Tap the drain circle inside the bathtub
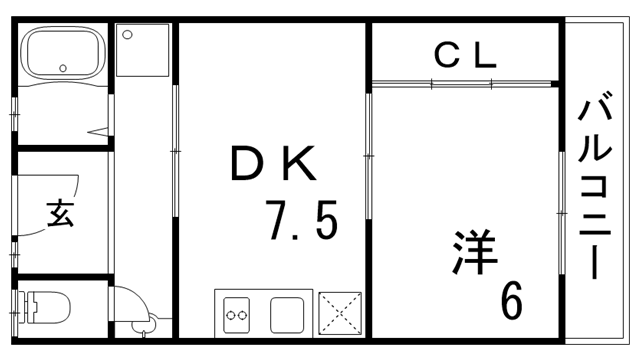(x=64, y=69)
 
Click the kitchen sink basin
(x=290, y=313)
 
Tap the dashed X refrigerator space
(x=340, y=313)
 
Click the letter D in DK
(x=247, y=163)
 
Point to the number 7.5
(x=301, y=219)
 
